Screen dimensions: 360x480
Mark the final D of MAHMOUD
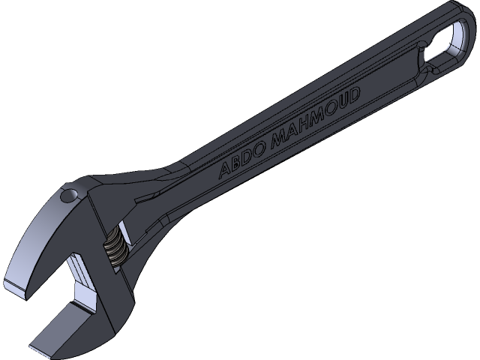coord(354,94)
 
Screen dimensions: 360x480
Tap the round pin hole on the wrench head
coord(67,196)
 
